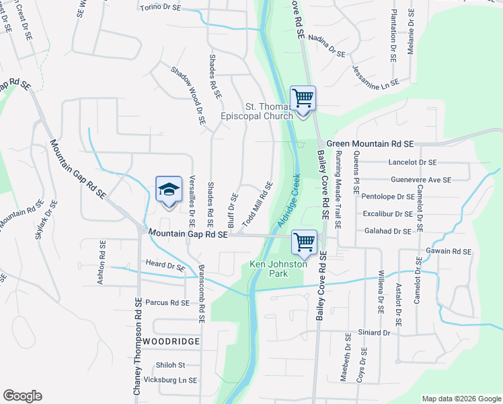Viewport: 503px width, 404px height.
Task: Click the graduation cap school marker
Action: coord(169,189)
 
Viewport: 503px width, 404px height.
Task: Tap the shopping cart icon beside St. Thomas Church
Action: coord(303,98)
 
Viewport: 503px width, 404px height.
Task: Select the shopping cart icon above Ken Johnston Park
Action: coord(305,241)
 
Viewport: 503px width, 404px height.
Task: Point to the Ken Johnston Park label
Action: coord(278,269)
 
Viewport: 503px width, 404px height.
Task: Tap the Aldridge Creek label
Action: coord(287,200)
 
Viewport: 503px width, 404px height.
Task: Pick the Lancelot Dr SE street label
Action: coord(413,163)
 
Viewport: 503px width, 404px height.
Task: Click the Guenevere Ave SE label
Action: coord(420,180)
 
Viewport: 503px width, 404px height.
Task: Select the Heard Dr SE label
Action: coord(165,267)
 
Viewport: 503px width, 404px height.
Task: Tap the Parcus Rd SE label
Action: coord(167,303)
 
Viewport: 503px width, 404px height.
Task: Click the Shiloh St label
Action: coord(170,365)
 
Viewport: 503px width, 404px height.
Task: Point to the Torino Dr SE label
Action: coord(161,8)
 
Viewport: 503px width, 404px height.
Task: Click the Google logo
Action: coord(23,396)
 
